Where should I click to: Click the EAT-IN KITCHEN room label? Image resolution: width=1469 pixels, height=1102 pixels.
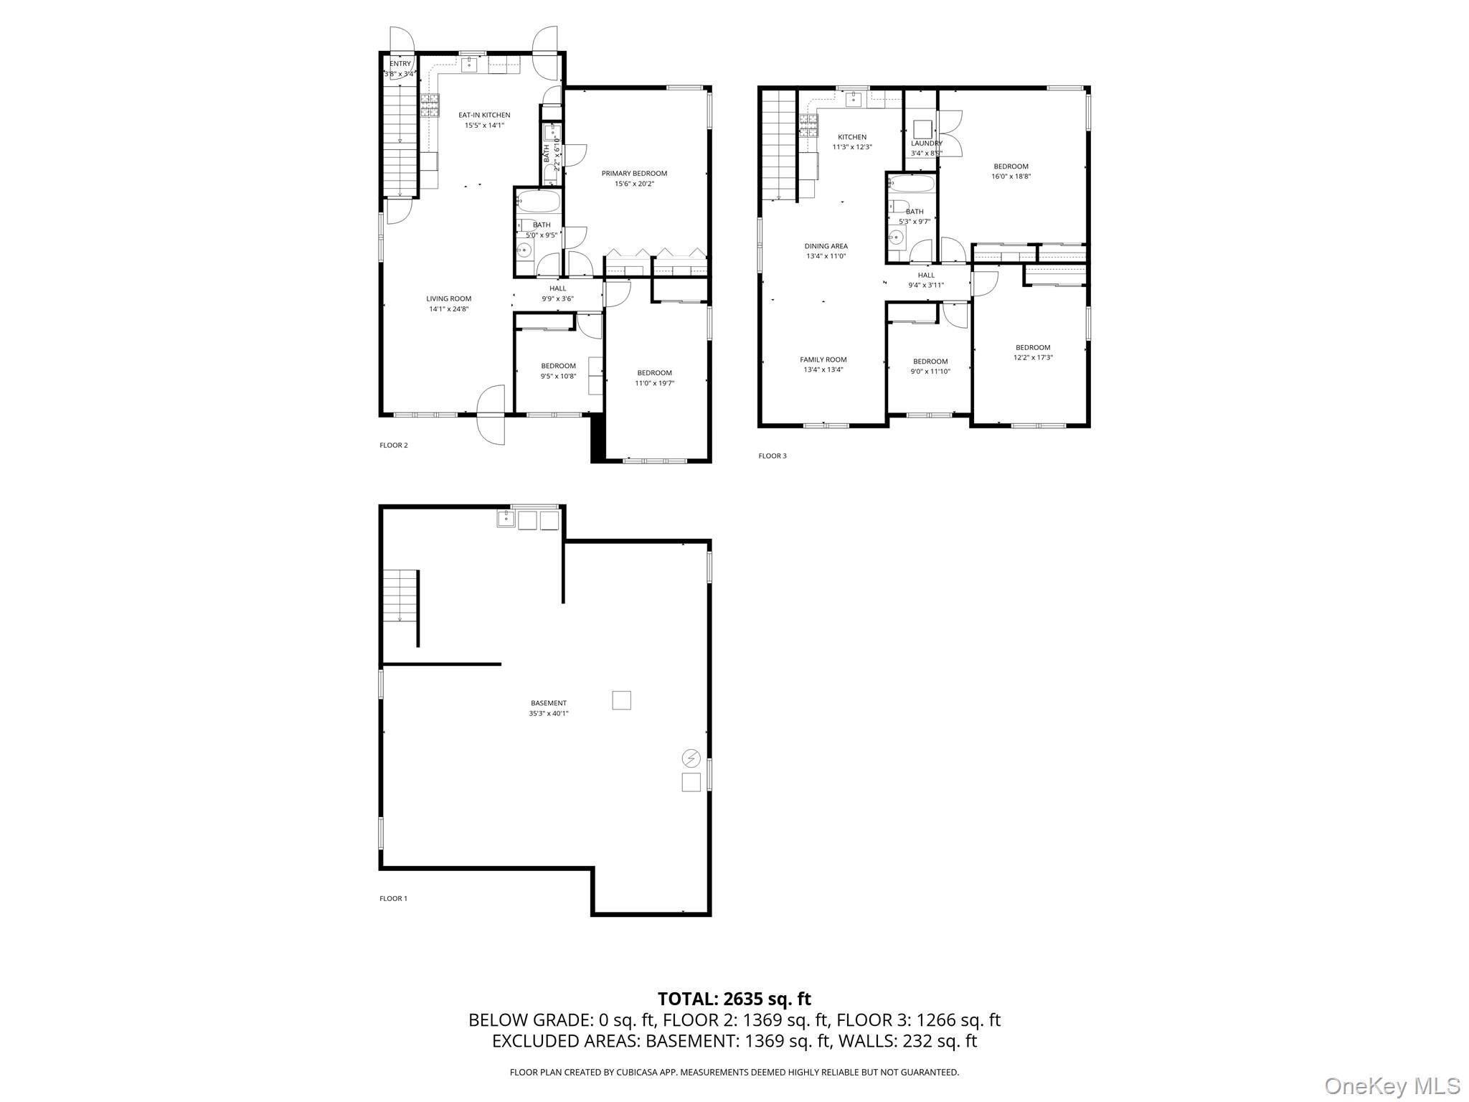tap(484, 115)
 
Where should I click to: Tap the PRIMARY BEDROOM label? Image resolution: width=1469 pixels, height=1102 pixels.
tap(634, 173)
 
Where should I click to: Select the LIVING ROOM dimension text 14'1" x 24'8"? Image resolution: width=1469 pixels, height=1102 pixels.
tap(449, 309)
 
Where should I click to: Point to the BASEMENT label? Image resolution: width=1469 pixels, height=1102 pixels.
tap(549, 703)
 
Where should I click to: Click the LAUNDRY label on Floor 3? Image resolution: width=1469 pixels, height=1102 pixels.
tap(926, 143)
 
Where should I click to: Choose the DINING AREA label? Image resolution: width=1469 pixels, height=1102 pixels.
tap(826, 246)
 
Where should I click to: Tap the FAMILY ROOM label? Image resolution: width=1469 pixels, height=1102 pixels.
tap(823, 359)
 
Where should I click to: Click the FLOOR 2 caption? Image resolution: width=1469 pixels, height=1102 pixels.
tap(394, 445)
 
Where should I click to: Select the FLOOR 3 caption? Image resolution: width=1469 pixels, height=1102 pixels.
tap(773, 456)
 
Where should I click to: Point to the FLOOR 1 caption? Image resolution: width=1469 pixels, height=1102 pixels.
tap(393, 898)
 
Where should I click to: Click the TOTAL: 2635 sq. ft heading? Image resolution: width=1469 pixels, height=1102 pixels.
tap(734, 999)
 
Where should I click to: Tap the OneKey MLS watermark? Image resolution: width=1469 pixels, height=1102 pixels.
tap(1392, 1086)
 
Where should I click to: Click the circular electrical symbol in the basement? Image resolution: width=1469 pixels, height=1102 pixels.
tap(691, 758)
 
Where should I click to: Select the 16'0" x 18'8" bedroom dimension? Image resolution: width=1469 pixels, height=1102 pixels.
tap(1011, 176)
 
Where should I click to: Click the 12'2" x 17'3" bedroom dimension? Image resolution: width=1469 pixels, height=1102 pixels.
tap(1033, 357)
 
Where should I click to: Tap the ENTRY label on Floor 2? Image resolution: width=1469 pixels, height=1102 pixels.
tap(400, 64)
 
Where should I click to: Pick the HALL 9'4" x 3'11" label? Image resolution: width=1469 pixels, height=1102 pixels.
tap(926, 280)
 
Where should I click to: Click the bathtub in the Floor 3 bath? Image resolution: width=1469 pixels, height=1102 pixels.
tap(911, 184)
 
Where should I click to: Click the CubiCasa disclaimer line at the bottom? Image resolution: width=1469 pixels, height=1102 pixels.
tap(734, 1072)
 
